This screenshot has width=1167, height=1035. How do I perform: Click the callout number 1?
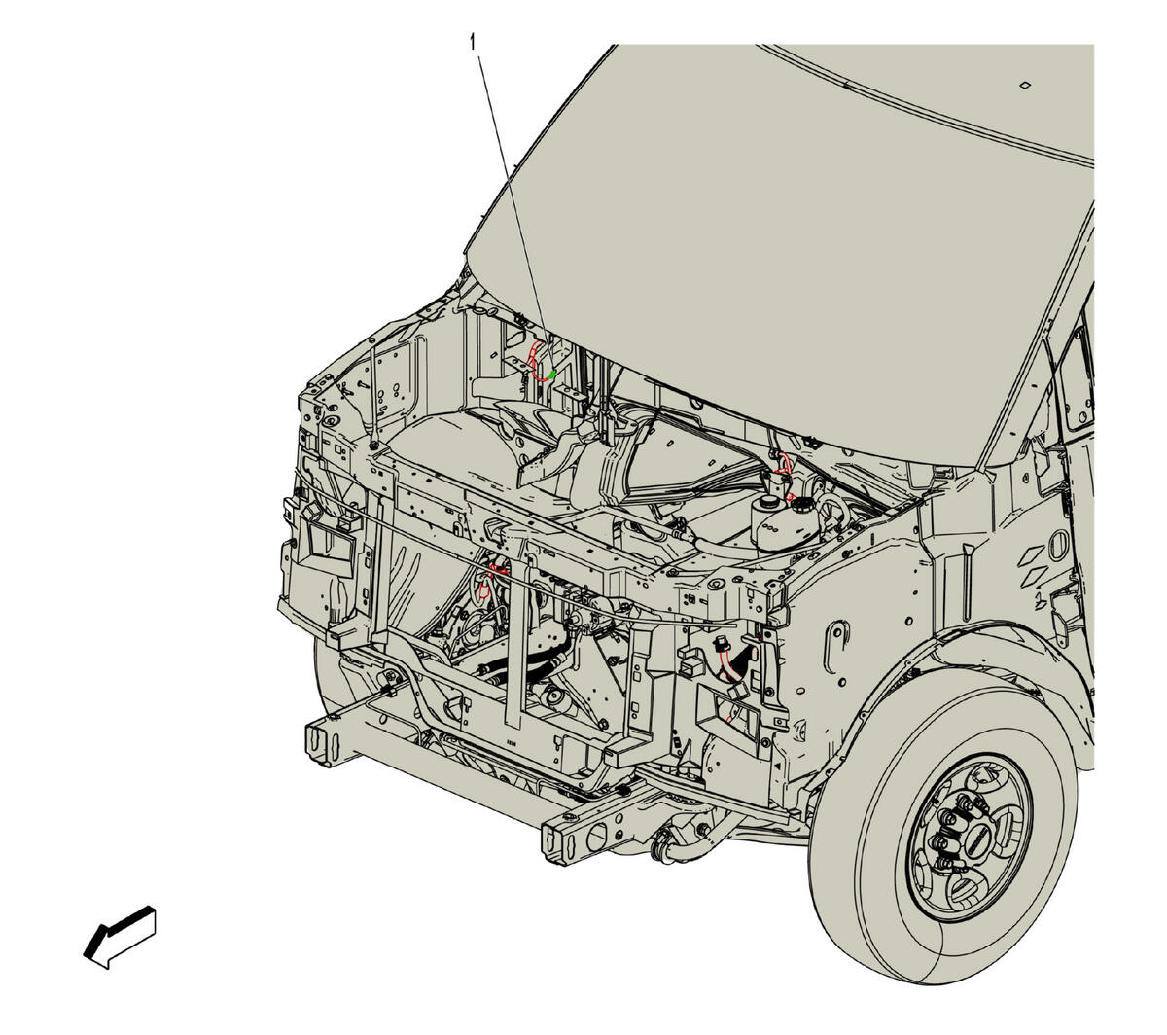(x=473, y=42)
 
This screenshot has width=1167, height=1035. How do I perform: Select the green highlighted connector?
(x=552, y=375)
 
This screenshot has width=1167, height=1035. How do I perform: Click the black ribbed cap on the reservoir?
(x=801, y=507)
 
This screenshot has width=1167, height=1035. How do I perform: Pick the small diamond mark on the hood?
(x=1024, y=86)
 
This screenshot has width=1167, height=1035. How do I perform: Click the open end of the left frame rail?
(x=320, y=743)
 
